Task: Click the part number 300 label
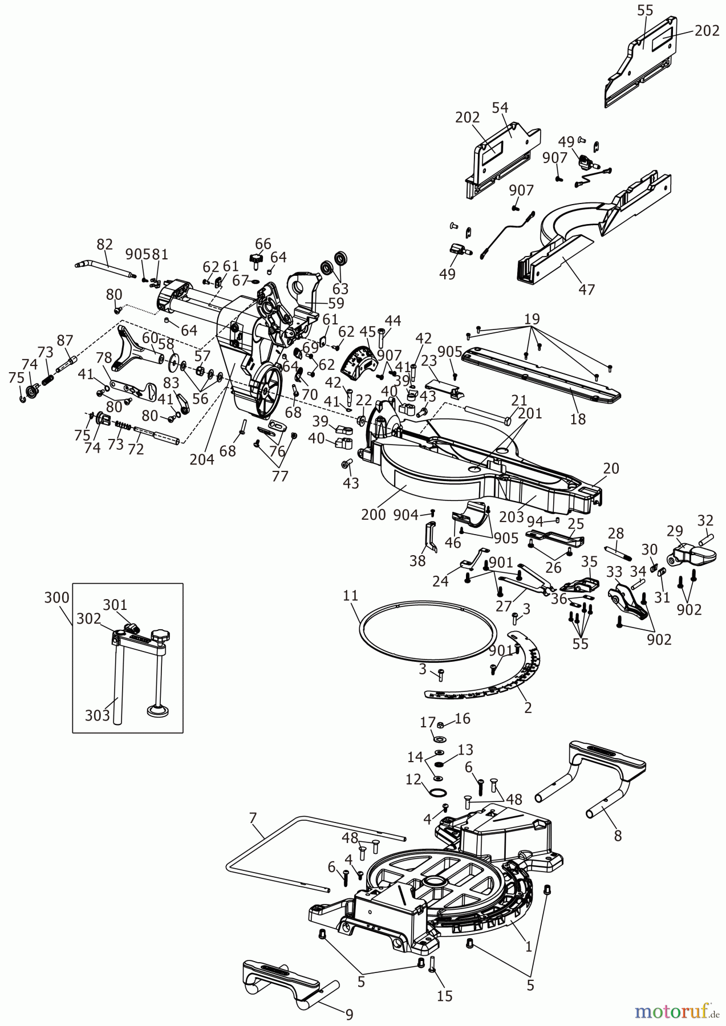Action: (56, 597)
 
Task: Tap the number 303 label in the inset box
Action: (97, 715)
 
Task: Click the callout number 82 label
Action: (104, 244)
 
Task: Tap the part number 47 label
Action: (586, 289)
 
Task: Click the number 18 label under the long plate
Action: (578, 419)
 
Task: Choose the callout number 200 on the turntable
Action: (374, 514)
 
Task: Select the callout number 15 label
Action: (444, 995)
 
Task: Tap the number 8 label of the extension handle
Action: (618, 836)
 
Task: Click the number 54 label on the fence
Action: (500, 108)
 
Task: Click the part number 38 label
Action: (418, 561)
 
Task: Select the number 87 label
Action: (65, 340)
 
